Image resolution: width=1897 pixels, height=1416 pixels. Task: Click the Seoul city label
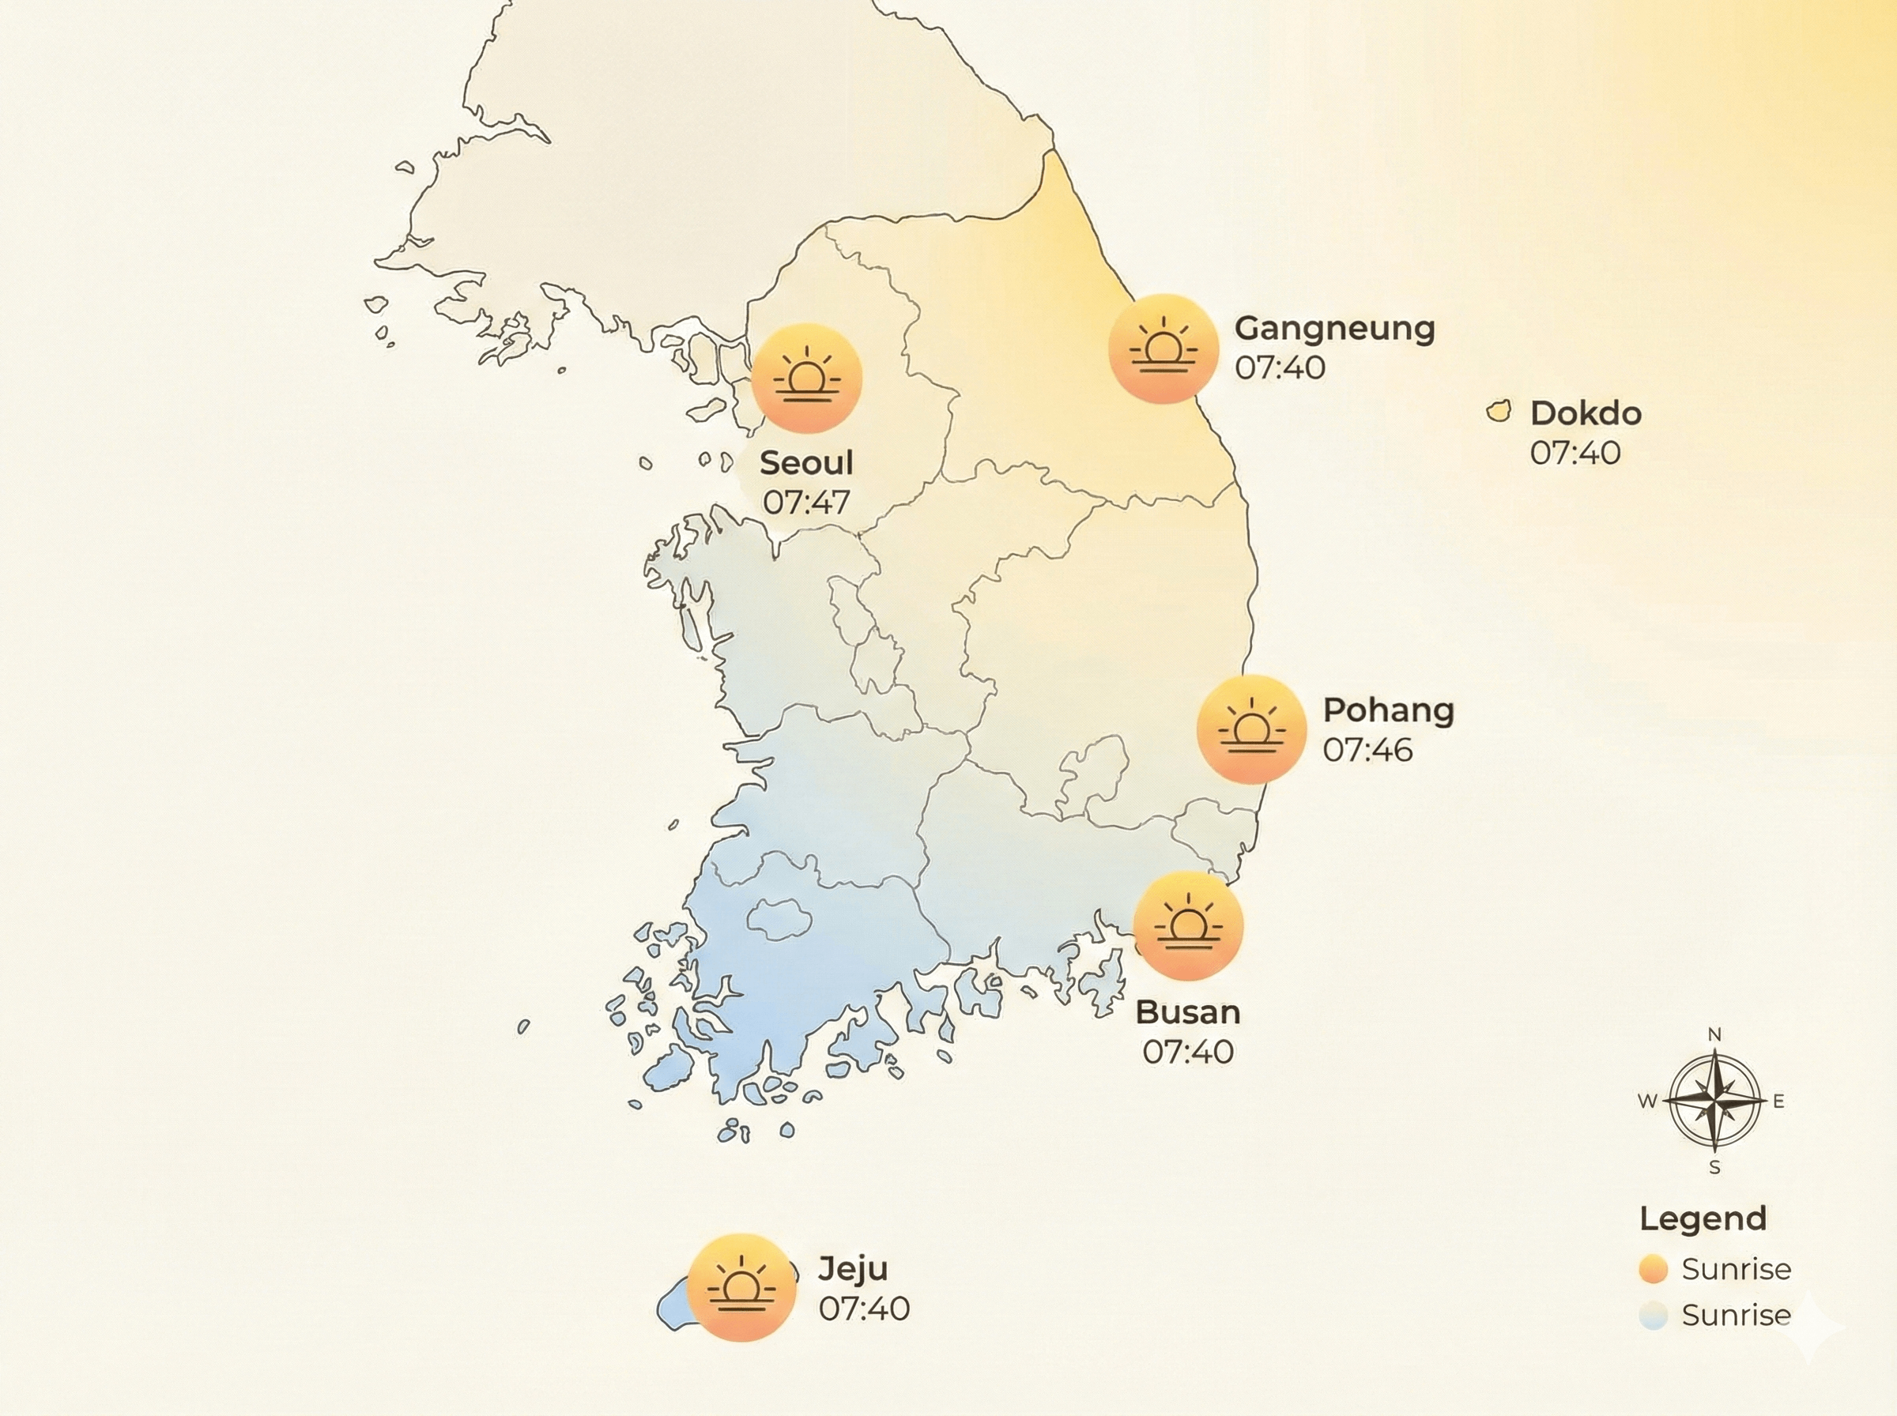805,464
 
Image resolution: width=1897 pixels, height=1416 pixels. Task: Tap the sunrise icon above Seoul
807,378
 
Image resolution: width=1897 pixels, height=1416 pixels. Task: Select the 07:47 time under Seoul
805,503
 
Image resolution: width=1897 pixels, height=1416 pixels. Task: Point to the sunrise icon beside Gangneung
1163,348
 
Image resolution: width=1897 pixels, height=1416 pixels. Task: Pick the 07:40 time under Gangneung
1280,367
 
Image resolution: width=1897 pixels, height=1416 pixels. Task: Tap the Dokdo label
1586,414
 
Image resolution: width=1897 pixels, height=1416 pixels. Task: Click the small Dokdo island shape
1499,411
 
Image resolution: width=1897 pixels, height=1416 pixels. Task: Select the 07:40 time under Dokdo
1575,454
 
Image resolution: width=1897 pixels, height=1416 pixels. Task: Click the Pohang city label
1388,710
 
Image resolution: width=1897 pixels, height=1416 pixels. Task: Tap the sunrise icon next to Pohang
1251,729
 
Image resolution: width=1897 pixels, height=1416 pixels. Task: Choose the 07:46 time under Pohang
1367,750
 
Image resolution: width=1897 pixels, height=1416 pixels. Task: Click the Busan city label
1188,1012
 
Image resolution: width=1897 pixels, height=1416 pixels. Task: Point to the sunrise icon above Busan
1188,927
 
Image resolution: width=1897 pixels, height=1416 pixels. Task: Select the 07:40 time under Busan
1188,1052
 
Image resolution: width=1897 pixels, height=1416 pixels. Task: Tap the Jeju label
853,1268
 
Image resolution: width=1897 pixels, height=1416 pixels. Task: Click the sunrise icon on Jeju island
741,1287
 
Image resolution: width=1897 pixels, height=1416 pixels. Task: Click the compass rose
1714,1102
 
